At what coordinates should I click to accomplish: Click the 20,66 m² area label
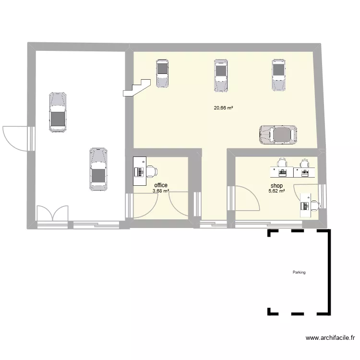click(x=223, y=108)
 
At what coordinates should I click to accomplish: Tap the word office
click(x=161, y=185)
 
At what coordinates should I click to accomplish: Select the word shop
click(x=276, y=185)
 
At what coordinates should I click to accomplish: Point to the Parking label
click(x=299, y=272)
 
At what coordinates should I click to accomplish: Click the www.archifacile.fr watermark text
click(x=330, y=338)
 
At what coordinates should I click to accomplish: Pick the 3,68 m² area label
click(x=161, y=191)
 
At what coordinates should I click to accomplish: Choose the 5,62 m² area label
click(x=276, y=191)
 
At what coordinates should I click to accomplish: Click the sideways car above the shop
click(x=278, y=135)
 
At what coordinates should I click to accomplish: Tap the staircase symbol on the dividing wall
click(x=137, y=87)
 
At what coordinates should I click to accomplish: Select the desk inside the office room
click(x=140, y=171)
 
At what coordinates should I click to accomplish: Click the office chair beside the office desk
click(x=152, y=171)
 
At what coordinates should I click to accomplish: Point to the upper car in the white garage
click(x=58, y=112)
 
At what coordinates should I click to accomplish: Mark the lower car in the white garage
click(x=98, y=169)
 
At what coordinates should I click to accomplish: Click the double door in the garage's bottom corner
click(x=53, y=213)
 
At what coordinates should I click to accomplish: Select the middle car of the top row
click(x=221, y=75)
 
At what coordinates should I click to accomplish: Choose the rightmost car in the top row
click(x=279, y=75)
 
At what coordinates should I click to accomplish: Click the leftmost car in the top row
click(x=162, y=73)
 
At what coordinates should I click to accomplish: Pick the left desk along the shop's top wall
click(x=282, y=172)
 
